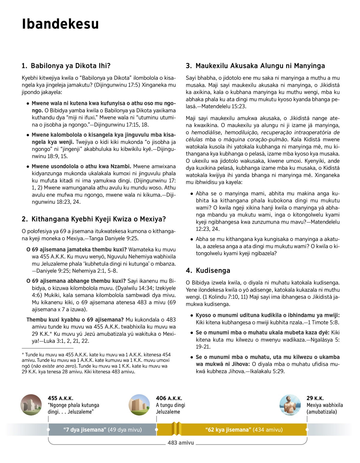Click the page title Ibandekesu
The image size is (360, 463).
click(60, 24)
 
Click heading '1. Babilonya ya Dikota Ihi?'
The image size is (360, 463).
click(66, 66)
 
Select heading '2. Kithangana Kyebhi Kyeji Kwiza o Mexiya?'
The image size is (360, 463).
click(94, 219)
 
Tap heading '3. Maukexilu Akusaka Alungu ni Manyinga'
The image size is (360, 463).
click(255, 66)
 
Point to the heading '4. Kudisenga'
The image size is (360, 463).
click(208, 270)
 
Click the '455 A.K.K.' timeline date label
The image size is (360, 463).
click(60, 398)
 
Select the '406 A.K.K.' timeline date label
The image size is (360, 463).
click(169, 398)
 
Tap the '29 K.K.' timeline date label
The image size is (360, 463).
click(315, 398)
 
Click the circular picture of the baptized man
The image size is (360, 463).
click(290, 405)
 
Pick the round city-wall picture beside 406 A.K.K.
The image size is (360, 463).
click(139, 405)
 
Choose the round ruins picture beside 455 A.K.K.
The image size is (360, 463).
click(31, 405)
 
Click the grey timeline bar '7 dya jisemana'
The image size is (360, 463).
click(102, 430)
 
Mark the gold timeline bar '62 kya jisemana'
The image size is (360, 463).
click(244, 430)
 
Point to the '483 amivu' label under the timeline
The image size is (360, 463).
click(181, 443)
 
